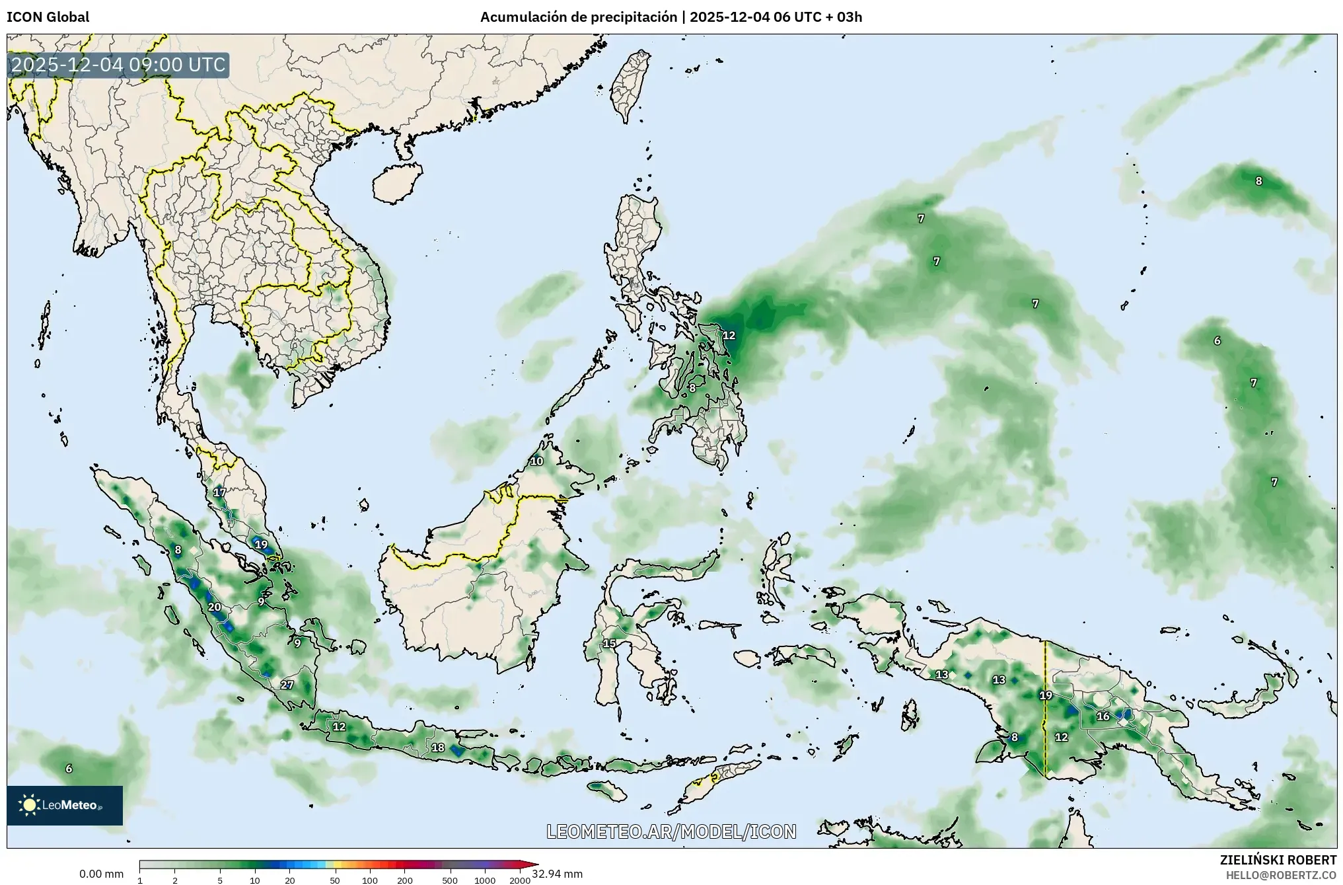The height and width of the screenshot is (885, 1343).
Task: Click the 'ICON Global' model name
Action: pos(48,17)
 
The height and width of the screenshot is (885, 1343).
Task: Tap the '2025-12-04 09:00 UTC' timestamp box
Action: pos(118,65)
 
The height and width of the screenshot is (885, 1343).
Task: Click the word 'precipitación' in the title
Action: pos(635,17)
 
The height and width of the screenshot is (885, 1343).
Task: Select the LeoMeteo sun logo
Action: pos(29,804)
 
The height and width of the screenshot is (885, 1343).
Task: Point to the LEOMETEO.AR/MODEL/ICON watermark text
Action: pos(671,831)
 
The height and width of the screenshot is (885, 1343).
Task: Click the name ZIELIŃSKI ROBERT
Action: pos(1278,860)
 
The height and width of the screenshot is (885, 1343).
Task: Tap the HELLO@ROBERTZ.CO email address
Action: pos(1281,874)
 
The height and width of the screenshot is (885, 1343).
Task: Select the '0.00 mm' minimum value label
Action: pos(101,874)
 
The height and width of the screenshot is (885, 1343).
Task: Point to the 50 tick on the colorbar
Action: pos(335,880)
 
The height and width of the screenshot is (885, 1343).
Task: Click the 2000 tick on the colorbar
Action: pos(520,880)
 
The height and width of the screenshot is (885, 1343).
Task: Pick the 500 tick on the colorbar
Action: pos(449,880)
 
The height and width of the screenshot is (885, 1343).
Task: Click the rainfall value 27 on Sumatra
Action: pos(287,685)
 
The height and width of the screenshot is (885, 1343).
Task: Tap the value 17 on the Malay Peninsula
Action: pos(219,492)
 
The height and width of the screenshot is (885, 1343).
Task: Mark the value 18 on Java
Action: pos(437,748)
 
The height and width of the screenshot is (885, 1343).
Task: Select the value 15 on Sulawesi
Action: pos(609,643)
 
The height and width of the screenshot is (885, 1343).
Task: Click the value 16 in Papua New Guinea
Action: pos(1103,716)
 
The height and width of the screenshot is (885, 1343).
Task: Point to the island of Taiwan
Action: pos(630,86)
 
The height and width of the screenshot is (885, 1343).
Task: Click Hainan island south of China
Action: pos(395,182)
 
